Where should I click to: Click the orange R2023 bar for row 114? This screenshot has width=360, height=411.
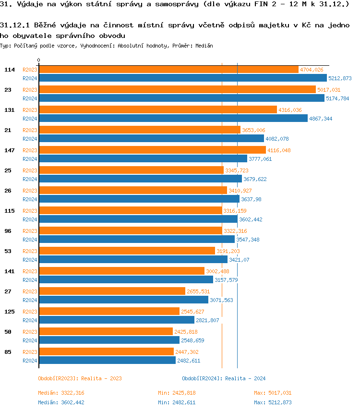pos(168,70)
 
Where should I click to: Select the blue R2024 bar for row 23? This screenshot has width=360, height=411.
pos(181,98)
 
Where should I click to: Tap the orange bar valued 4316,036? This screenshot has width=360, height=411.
pos(158,110)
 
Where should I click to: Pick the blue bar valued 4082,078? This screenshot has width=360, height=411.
pos(151,139)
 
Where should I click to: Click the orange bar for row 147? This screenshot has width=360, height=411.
pos(152,150)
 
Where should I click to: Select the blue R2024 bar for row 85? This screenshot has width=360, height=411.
pos(107,361)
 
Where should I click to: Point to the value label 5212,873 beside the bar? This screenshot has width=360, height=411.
pos(340,78)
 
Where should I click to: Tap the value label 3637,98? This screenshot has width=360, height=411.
pos(251,199)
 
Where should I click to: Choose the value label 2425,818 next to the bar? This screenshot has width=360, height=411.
pos(186,332)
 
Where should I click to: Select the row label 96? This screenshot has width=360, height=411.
pos(8,231)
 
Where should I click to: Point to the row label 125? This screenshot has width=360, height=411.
pos(10,312)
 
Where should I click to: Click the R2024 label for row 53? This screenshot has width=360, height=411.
pos(30,260)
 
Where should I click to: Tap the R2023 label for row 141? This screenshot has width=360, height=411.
pos(30,271)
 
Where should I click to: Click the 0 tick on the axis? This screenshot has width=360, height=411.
pos(39,60)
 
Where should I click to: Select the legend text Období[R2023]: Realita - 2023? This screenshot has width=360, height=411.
pos(80,378)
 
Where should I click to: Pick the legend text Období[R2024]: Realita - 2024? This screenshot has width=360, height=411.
pos(224,378)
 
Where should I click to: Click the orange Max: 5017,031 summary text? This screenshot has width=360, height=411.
pos(273,393)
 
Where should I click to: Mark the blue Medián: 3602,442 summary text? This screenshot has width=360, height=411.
pos(61,402)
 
